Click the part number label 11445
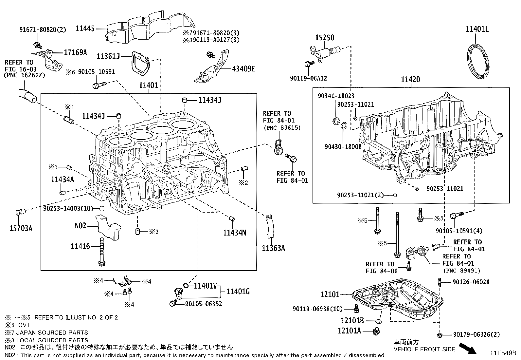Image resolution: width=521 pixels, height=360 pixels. pyautogui.click(x=85, y=28)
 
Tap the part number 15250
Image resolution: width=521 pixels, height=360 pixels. pyautogui.click(x=325, y=37)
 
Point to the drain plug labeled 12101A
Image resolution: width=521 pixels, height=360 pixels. pyautogui.click(x=376, y=331)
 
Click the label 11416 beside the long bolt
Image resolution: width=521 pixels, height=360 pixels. pyautogui.click(x=80, y=246)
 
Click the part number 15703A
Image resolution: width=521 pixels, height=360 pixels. pyautogui.click(x=21, y=228)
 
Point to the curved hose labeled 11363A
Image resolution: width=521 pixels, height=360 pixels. pyautogui.click(x=269, y=226)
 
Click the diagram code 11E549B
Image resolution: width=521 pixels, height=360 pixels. pyautogui.click(x=503, y=353)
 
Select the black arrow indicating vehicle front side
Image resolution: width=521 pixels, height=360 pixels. pyautogui.click(x=468, y=348)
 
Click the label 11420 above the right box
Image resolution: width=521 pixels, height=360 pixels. pyautogui.click(x=411, y=80)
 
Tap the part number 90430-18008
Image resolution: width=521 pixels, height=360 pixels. pyautogui.click(x=343, y=147)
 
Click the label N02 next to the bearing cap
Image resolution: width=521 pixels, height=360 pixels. pyautogui.click(x=80, y=225)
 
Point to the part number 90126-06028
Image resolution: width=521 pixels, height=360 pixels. pyautogui.click(x=471, y=282)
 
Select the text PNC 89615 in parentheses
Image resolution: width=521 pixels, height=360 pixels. pyautogui.click(x=281, y=128)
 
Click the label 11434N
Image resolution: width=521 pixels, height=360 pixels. pyautogui.click(x=235, y=233)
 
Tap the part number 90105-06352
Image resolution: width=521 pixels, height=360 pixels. pyautogui.click(x=204, y=304)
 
